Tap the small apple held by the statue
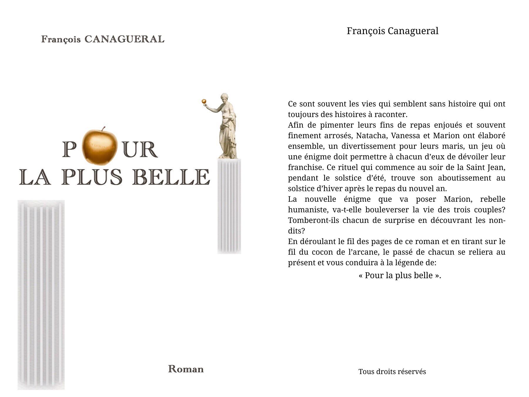[204, 101]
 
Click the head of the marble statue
[225, 97]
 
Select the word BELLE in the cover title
[171, 177]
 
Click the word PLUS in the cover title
[92, 177]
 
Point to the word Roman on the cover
[186, 369]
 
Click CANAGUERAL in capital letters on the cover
[124, 39]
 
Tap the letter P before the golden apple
[70, 150]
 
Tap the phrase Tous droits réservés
[392, 372]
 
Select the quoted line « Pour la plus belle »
[400, 276]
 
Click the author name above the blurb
[392, 31]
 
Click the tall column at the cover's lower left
[41, 294]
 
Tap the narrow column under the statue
[229, 206]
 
